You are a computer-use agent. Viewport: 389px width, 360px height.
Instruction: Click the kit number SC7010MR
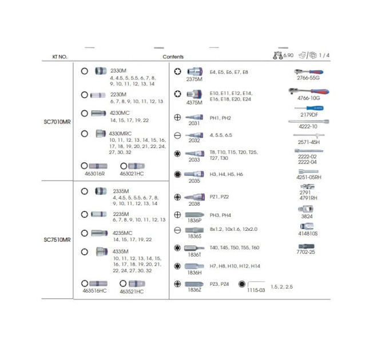[x=57, y=122]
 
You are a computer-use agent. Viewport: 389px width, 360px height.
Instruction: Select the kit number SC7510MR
[x=57, y=240]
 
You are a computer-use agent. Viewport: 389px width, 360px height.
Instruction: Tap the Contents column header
[x=173, y=57]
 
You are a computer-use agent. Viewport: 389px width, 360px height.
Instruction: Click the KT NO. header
[x=60, y=57]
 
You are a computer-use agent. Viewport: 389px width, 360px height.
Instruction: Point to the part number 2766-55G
[x=308, y=78]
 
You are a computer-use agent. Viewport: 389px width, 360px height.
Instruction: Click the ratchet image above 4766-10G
[x=309, y=91]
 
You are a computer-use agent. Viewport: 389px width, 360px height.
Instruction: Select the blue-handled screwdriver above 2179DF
[x=309, y=108]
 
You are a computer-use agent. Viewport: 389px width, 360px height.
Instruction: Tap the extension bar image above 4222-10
[x=308, y=122]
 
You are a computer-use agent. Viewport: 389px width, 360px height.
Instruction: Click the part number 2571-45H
[x=308, y=142]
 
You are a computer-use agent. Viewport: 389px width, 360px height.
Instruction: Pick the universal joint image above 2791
[x=307, y=186]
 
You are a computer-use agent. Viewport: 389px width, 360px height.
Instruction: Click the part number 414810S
[x=308, y=233]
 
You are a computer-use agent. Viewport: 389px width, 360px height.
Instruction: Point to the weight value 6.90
[x=288, y=55]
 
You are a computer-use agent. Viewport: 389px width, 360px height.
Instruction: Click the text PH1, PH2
[x=220, y=118]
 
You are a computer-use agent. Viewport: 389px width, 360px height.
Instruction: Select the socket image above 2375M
[x=194, y=71]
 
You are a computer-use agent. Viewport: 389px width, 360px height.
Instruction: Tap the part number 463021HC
[x=132, y=174]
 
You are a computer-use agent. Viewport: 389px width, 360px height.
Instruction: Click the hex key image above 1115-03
[x=256, y=283]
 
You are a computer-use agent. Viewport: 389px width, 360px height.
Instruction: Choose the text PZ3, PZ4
[x=219, y=284]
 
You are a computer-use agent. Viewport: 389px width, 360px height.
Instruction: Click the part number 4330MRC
[x=120, y=134]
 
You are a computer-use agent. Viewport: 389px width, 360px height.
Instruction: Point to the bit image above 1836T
[x=194, y=248]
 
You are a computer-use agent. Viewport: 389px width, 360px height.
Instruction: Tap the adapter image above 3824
[x=305, y=209]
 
